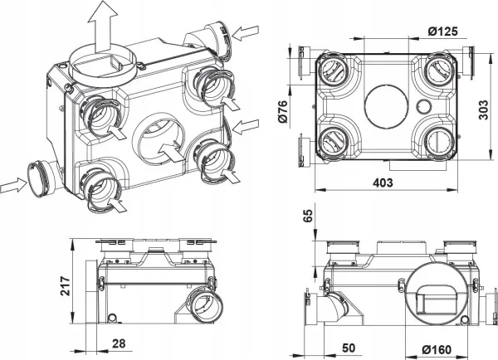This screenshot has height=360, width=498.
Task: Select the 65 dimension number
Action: pos(309,220)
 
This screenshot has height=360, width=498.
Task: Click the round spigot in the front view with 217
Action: pos(201,304)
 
